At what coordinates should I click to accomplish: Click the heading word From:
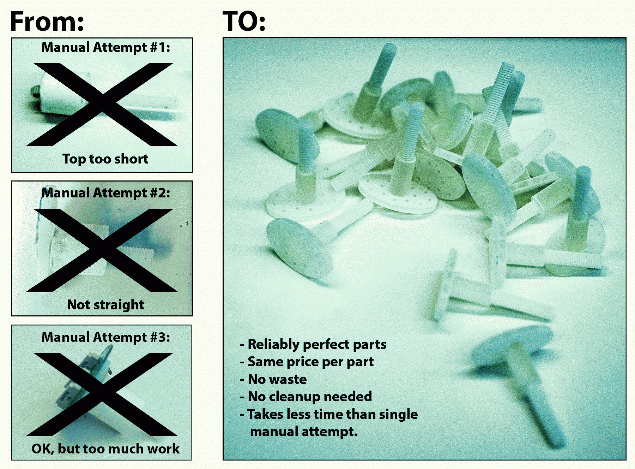pos(47,22)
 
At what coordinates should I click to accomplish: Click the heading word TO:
pos(244,22)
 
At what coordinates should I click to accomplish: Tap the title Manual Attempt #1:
pos(105,47)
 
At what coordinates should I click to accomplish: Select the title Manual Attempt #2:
pos(105,193)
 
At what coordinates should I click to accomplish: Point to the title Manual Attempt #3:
pos(105,337)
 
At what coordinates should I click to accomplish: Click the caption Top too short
pos(105,159)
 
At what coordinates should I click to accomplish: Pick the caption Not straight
pos(105,304)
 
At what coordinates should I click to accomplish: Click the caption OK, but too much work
pos(105,449)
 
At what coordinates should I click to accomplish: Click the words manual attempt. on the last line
pos(304,432)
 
